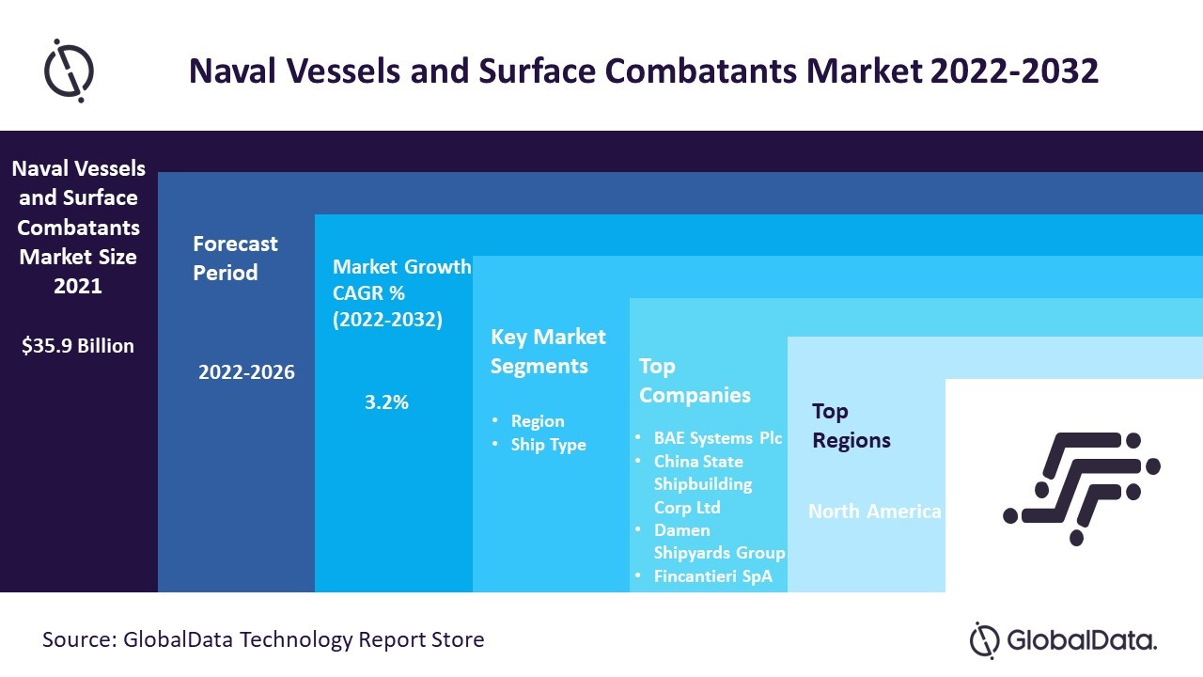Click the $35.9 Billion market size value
pos(78,346)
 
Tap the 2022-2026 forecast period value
pos(246,372)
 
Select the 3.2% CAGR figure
pos(386,402)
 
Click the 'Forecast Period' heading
pos(235,258)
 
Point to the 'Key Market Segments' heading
pos(548,351)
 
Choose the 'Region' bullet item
pos(538,421)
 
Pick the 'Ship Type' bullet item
pos(548,445)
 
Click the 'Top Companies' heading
pos(695,380)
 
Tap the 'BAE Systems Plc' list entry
pos(718,438)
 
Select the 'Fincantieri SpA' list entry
pos(712,576)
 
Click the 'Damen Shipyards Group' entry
pos(719,542)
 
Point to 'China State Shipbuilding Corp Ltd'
pos(702,484)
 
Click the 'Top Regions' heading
pos(851,425)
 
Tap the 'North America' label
pos(875,512)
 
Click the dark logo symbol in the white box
pos(1082,487)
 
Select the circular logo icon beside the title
pos(70,71)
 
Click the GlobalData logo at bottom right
pos(1063,640)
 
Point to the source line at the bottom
pos(263,640)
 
